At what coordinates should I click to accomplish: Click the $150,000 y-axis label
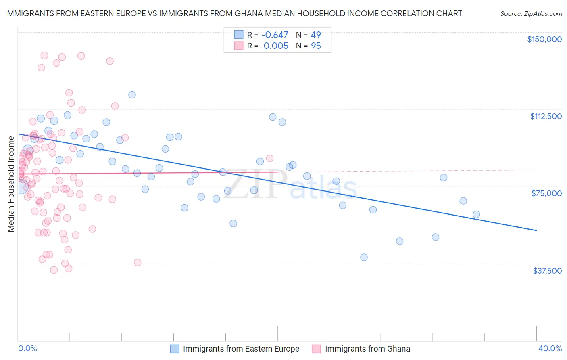[x=544, y=39]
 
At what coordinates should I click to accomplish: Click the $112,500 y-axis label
[x=546, y=116]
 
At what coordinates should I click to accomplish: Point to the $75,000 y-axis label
[x=546, y=193]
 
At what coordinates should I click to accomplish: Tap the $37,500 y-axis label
[x=547, y=271]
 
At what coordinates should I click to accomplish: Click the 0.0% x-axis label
[x=27, y=349]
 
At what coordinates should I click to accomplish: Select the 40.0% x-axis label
[x=550, y=349]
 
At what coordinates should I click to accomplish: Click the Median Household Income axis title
[x=11, y=184]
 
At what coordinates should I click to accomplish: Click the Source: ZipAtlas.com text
[x=531, y=14]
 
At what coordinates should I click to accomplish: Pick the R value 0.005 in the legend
[x=276, y=46]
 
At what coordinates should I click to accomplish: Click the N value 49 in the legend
[x=316, y=35]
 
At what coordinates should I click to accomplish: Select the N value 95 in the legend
[x=316, y=46]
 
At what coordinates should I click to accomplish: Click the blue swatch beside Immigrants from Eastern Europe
[x=175, y=349]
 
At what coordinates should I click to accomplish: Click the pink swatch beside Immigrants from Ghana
[x=317, y=349]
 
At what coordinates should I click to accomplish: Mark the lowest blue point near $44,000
[x=364, y=257]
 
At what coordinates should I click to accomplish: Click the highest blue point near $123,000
[x=132, y=95]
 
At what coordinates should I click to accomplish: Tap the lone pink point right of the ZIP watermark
[x=269, y=159]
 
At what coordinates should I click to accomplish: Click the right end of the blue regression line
[x=536, y=230]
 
